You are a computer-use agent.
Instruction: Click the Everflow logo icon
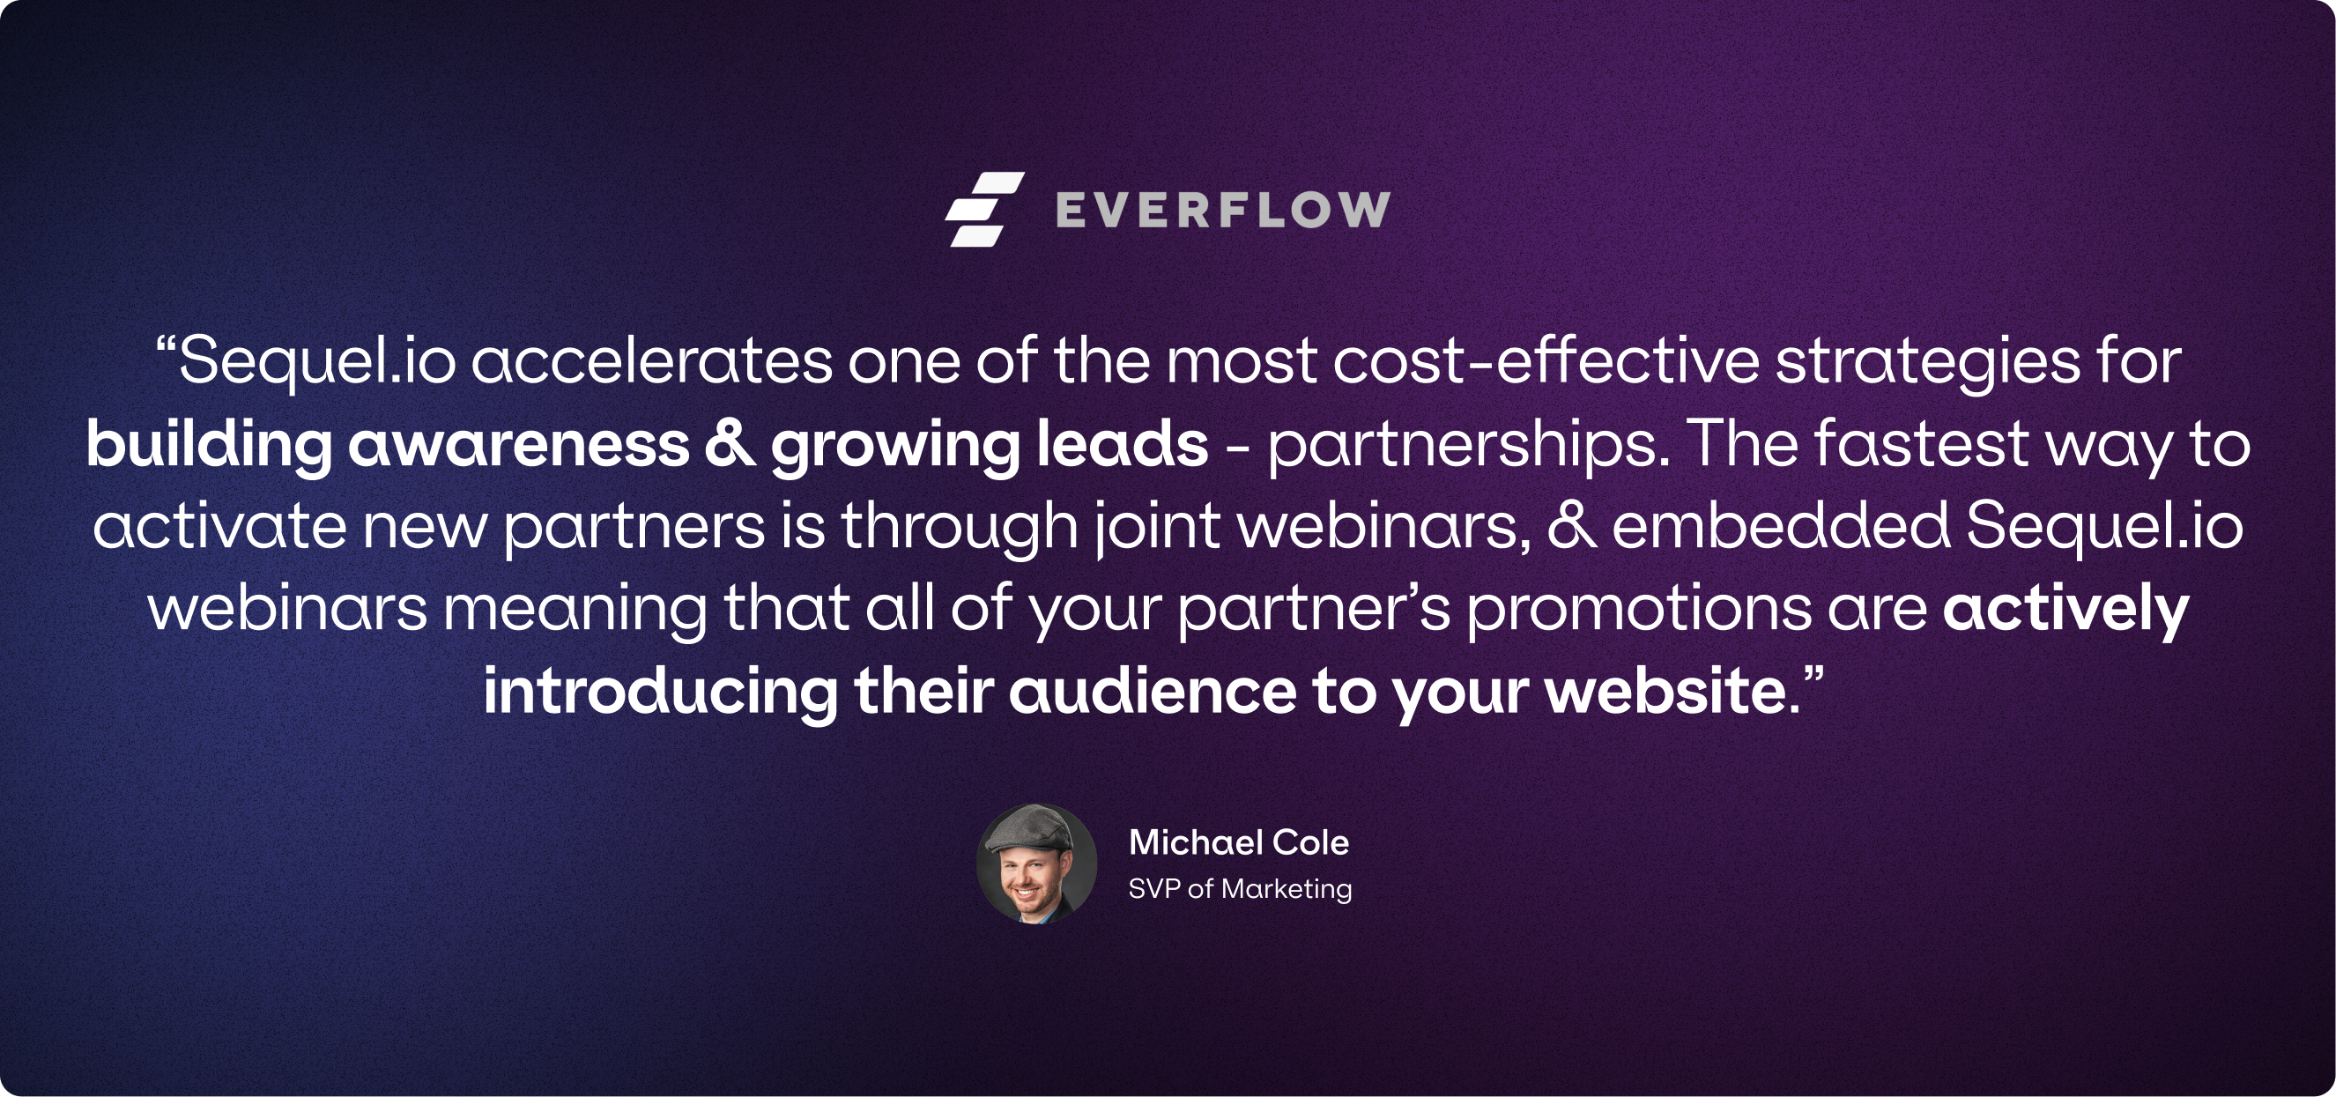[x=985, y=209]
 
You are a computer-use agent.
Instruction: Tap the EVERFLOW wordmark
[x=1223, y=211]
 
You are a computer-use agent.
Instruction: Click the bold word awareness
[x=519, y=444]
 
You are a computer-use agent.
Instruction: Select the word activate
[x=219, y=526]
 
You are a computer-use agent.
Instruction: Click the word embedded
[x=1780, y=525]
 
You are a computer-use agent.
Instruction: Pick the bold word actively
[x=2065, y=610]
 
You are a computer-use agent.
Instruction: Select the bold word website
[x=1665, y=692]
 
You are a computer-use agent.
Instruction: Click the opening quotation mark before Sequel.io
[x=165, y=345]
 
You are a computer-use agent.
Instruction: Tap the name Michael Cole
[x=1239, y=842]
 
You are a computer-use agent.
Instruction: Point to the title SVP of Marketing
[x=1240, y=888]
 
